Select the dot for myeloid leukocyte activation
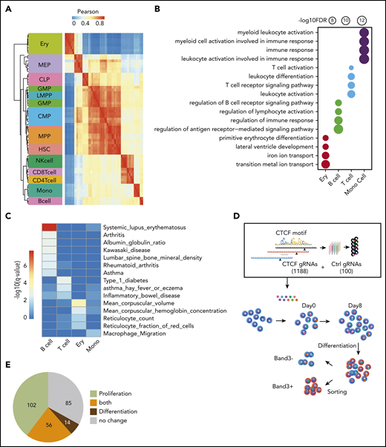(x=365, y=33)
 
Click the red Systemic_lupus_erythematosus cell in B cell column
(x=49, y=228)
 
